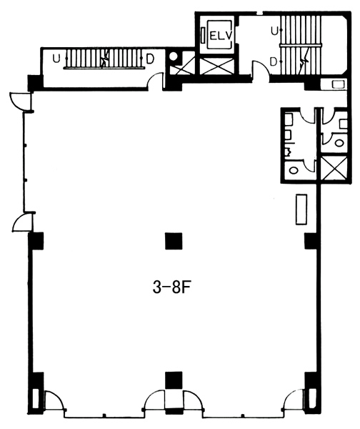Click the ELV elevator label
click(221, 36)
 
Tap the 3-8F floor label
click(171, 287)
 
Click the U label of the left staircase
click(56, 59)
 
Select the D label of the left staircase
click(150, 59)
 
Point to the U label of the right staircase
click(274, 31)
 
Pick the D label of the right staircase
click(274, 62)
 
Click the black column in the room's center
click(174, 241)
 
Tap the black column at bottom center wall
click(174, 380)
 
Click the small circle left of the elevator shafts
click(174, 56)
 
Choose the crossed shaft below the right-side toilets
click(334, 168)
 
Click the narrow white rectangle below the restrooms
click(301, 209)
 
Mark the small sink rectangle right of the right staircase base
click(336, 84)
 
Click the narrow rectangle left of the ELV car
click(203, 35)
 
